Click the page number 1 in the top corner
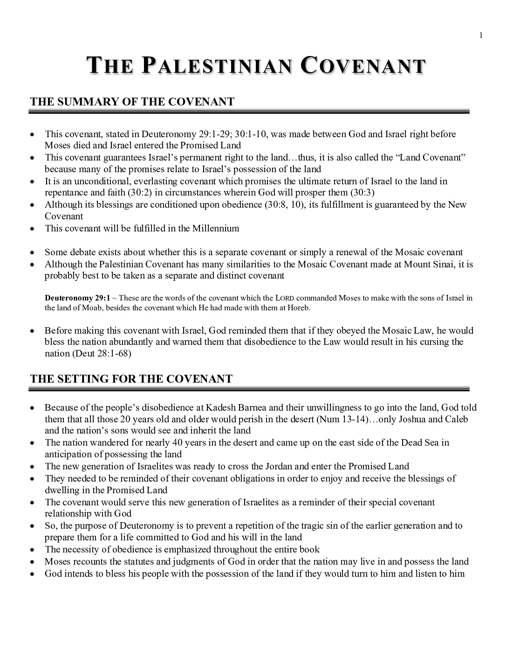click(480, 35)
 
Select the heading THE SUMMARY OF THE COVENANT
click(132, 102)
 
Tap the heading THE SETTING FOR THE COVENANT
click(131, 379)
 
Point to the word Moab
click(90, 308)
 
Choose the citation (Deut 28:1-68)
click(102, 354)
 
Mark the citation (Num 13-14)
click(342, 419)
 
